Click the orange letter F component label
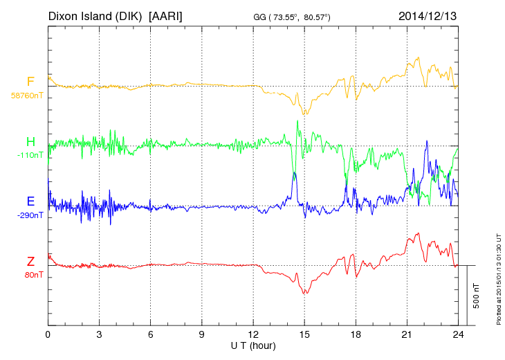coord(30,82)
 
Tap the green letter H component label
coord(30,143)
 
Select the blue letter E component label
coord(30,201)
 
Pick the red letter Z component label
coord(30,261)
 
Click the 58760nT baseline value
coord(27,95)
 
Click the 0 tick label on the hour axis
coord(48,334)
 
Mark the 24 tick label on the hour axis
coord(458,334)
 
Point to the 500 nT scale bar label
coord(476,296)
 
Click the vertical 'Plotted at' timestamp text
coord(498,280)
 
